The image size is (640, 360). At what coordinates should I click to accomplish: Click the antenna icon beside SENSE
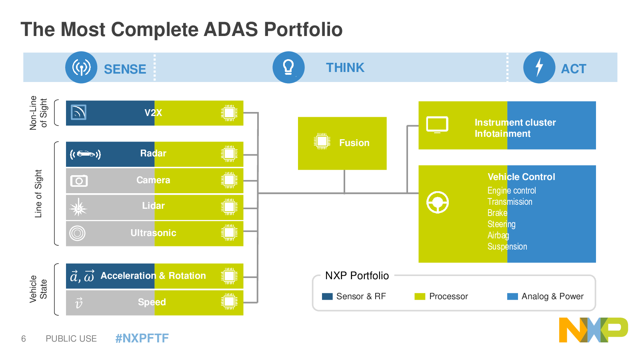click(x=81, y=68)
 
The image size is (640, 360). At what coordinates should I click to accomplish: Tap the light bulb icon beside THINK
click(x=288, y=68)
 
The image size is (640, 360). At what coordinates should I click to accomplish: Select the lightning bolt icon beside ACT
click(x=539, y=68)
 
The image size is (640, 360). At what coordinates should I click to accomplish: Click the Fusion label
click(x=354, y=142)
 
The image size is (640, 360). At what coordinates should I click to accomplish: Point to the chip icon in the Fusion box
click(x=322, y=141)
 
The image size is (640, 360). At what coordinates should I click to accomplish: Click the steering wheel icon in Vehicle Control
click(x=438, y=202)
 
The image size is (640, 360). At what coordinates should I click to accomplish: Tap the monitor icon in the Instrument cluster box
click(x=437, y=124)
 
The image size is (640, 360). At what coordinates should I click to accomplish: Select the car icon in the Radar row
click(x=86, y=154)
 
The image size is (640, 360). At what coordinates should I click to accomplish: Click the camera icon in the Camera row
click(x=79, y=180)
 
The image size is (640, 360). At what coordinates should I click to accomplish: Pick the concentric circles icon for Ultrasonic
click(x=77, y=233)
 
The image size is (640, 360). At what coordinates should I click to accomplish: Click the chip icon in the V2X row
click(x=229, y=113)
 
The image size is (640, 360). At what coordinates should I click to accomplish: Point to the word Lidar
click(x=154, y=206)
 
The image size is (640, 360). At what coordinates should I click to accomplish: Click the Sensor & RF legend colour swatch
click(x=327, y=296)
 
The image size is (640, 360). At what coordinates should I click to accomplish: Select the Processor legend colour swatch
click(x=420, y=296)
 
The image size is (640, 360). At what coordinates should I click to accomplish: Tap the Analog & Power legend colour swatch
click(x=512, y=296)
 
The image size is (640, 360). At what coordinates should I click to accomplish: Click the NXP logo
click(x=594, y=330)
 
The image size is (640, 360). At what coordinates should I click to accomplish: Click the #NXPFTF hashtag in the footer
click(x=142, y=338)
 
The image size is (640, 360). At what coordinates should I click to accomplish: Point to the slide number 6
click(x=24, y=338)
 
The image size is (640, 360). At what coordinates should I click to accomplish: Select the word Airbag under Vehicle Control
click(x=498, y=236)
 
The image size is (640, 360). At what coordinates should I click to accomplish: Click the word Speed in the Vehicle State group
click(x=152, y=302)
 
